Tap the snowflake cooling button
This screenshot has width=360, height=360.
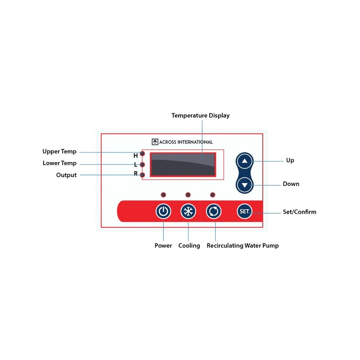click(x=188, y=211)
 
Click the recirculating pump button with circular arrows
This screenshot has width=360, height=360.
click(x=213, y=211)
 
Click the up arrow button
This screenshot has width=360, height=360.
click(x=244, y=161)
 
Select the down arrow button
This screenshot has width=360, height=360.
click(x=244, y=185)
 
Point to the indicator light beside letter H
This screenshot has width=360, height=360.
click(x=142, y=153)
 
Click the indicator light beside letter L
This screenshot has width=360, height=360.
click(x=142, y=165)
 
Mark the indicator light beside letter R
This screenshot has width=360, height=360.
click(x=142, y=175)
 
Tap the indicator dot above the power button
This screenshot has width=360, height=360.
click(x=163, y=195)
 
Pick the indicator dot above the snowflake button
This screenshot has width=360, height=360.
click(x=188, y=195)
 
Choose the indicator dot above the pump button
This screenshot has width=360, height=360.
click(x=212, y=195)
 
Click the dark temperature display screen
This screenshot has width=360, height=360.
click(x=183, y=165)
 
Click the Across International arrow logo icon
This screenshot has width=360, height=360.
click(x=155, y=142)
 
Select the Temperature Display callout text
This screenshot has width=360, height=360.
click(x=200, y=116)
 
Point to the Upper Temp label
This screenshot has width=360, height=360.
click(x=59, y=152)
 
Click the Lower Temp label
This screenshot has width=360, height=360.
click(x=59, y=163)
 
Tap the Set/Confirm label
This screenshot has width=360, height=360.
click(x=299, y=211)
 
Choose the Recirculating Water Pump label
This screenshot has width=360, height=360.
click(x=243, y=245)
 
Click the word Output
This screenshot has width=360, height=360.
click(x=66, y=175)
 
